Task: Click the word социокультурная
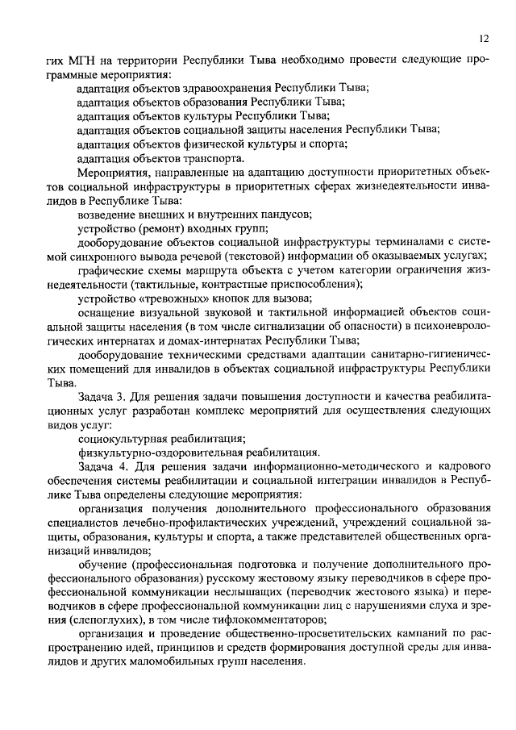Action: click(x=123, y=440)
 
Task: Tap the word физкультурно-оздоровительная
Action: click(x=152, y=453)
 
